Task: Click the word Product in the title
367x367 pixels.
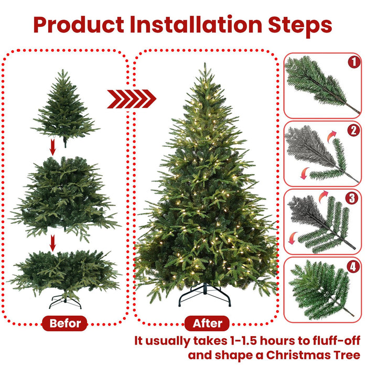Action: (79, 25)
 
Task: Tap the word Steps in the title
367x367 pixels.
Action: (303, 25)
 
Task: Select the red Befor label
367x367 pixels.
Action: (65, 323)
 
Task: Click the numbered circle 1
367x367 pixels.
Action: (354, 62)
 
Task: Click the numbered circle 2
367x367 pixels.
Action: (354, 131)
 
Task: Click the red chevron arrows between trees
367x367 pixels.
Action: (132, 98)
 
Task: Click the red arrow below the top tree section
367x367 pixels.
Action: (52, 147)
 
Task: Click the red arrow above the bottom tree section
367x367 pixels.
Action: (52, 243)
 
